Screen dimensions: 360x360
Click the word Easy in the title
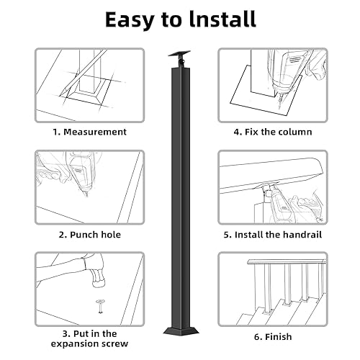(x=132, y=19)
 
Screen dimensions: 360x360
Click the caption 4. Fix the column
(x=272, y=132)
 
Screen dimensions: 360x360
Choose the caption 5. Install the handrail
(x=272, y=234)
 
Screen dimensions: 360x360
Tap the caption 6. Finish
(x=272, y=336)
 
